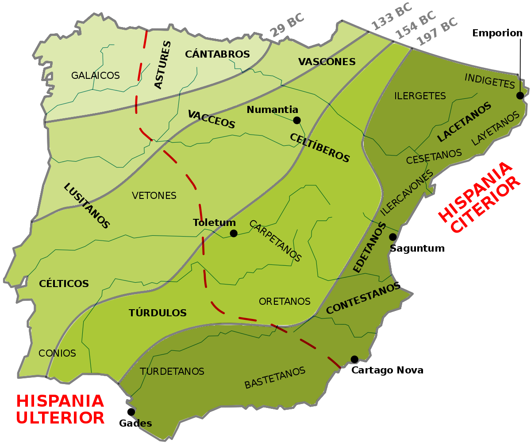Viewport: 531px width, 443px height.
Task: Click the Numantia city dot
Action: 297,120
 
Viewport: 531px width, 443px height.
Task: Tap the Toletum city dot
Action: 234,233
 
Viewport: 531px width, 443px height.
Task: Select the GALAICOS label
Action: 96,76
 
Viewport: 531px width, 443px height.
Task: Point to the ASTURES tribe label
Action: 162,65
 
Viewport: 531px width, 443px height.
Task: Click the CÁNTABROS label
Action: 217,54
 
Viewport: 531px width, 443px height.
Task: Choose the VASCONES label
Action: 327,62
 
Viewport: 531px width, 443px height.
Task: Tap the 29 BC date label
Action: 287,25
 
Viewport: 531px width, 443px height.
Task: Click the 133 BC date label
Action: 391,16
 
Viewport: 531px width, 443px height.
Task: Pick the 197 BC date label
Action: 437,31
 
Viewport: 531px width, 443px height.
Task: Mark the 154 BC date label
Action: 415,24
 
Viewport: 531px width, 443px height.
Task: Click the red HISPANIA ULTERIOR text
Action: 60,409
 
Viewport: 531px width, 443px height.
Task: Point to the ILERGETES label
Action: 420,96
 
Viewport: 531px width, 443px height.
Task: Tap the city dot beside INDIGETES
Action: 520,96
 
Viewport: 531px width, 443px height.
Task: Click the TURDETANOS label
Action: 172,371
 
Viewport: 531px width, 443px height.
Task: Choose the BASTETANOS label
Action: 275,377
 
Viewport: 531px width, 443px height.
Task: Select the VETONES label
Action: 154,195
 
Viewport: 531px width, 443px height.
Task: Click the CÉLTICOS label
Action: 64,284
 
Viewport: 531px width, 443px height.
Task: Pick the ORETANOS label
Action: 285,301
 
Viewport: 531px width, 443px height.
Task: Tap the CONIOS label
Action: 57,353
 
